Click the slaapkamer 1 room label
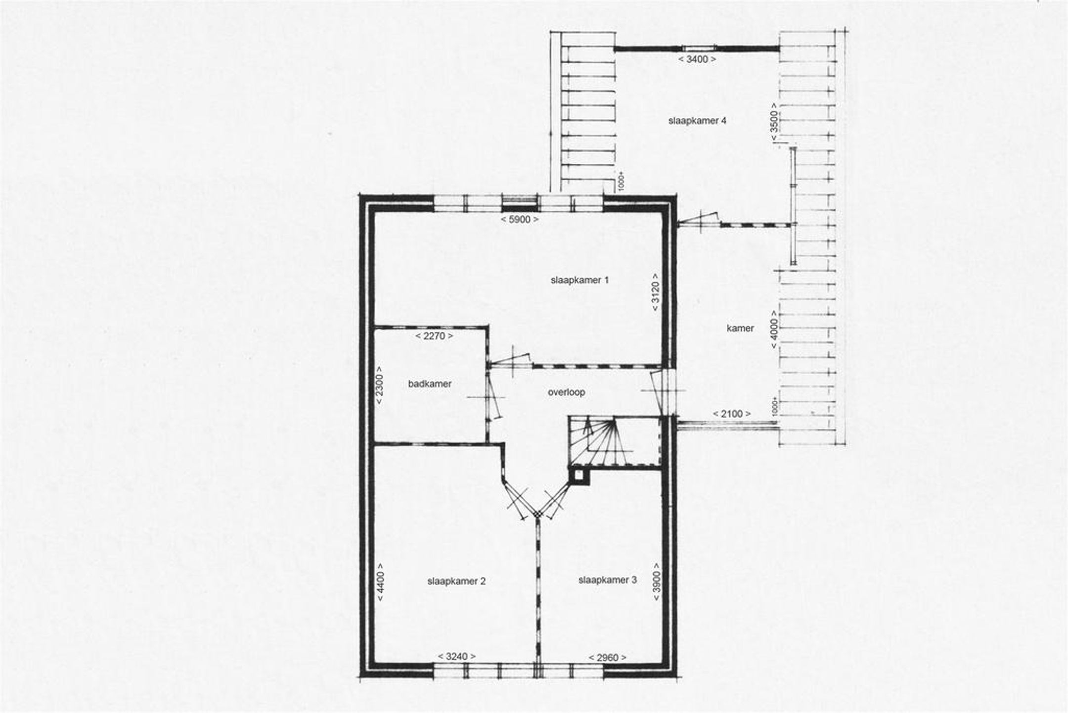click(x=579, y=280)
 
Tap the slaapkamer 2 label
click(x=456, y=581)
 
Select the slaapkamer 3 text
click(x=608, y=580)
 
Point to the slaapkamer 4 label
click(x=697, y=121)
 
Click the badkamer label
click(x=430, y=383)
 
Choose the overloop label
click(x=567, y=392)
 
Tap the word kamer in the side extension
click(x=740, y=328)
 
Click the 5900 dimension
click(x=519, y=220)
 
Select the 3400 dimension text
click(x=697, y=59)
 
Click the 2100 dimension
click(x=732, y=414)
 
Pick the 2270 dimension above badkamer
click(x=435, y=336)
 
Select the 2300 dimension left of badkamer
click(x=380, y=385)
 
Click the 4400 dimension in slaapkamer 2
click(x=380, y=581)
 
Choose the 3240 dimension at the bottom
click(x=457, y=656)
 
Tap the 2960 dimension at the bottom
click(x=608, y=657)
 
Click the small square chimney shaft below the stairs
click(x=579, y=476)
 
